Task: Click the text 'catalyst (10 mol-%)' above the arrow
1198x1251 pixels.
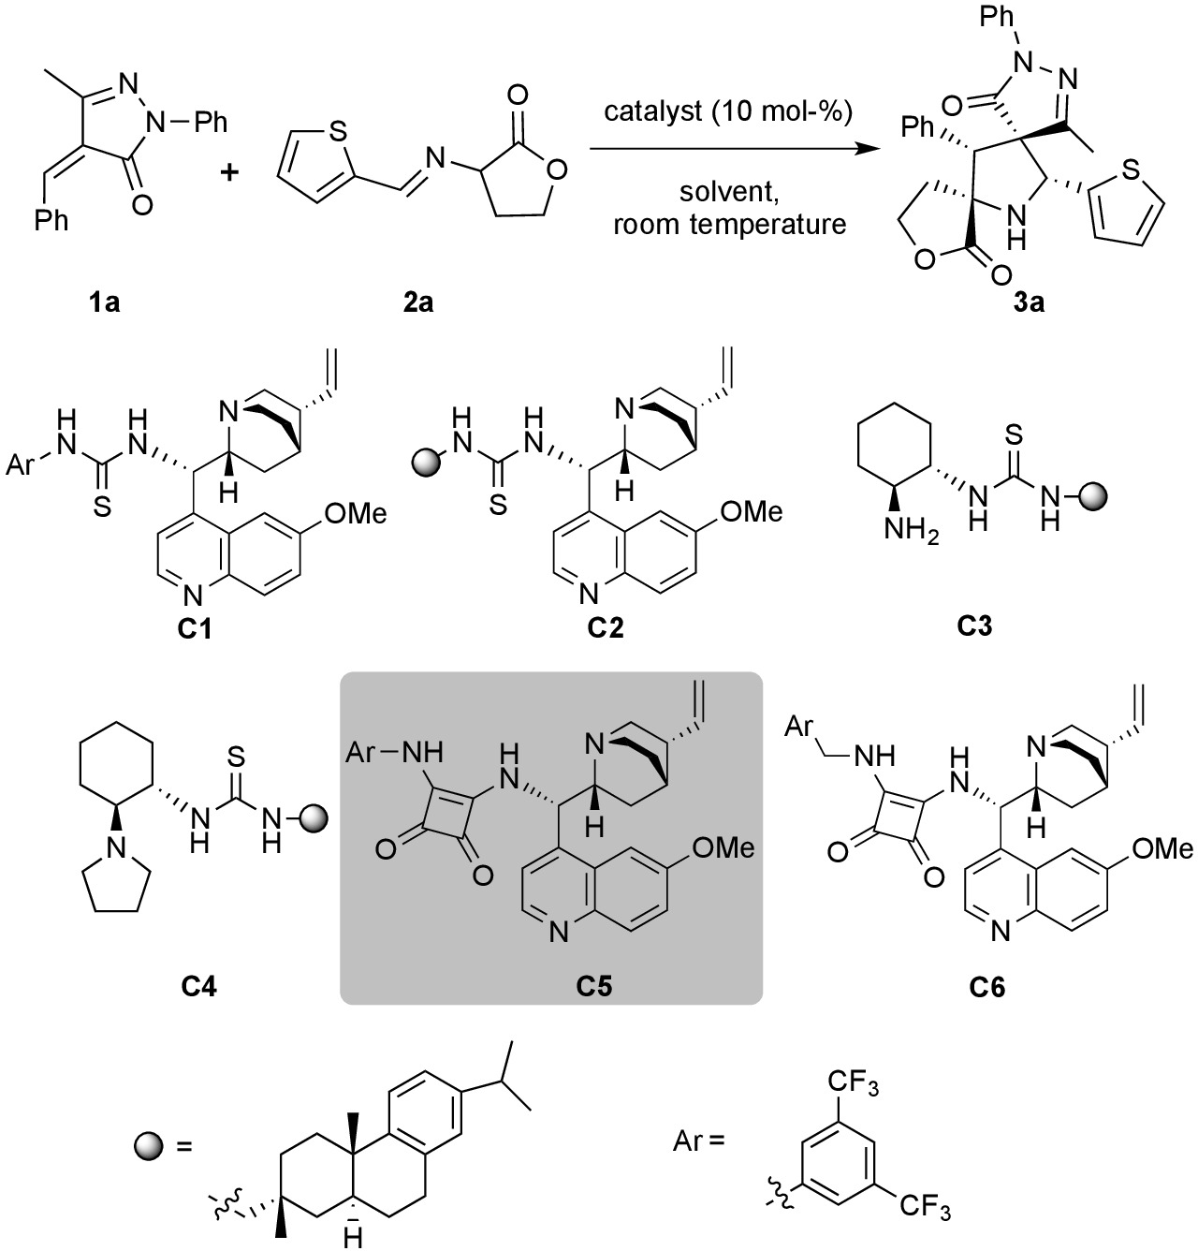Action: click(728, 114)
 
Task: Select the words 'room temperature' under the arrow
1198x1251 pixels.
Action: click(729, 225)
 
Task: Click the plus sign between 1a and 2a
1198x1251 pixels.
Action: click(229, 172)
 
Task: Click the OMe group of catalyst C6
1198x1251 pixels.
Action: click(1161, 849)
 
